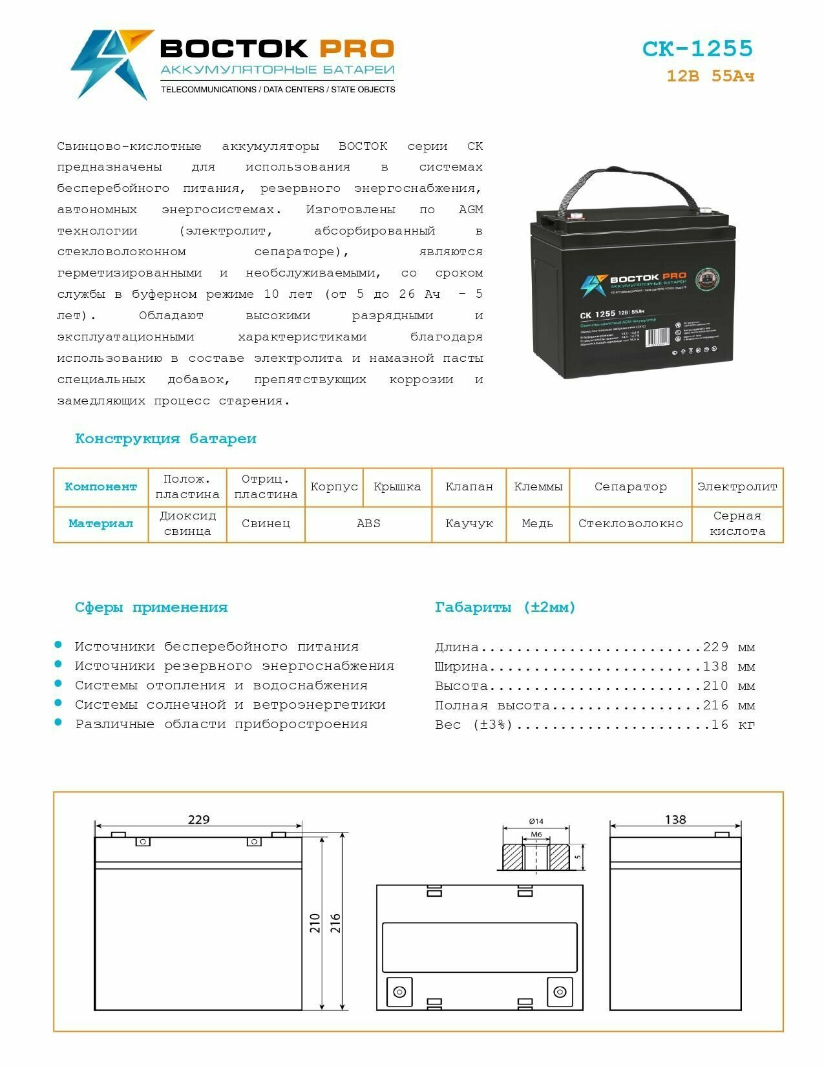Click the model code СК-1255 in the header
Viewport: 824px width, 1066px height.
697,48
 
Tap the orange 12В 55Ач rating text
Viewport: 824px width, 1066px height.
710,76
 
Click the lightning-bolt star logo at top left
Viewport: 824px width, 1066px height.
110,63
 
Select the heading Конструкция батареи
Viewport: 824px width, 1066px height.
165,439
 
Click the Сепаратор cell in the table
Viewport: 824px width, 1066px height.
630,486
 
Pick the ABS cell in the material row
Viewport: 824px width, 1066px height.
368,523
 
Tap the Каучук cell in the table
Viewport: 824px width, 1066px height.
469,523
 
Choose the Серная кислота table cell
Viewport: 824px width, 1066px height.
737,523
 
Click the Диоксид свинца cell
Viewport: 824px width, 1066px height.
187,523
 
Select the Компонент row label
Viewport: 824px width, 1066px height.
101,486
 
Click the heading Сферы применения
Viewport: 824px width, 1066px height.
151,607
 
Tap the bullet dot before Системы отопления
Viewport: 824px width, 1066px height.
59,684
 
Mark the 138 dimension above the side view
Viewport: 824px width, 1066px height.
675,819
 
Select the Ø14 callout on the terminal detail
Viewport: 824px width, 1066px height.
536,821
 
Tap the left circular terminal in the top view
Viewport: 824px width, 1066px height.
399,991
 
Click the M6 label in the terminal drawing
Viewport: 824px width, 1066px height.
536,834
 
